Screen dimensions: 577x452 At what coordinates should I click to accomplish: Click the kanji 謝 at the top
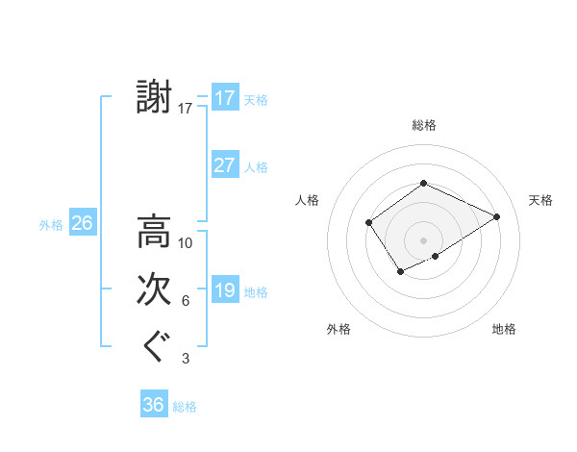pos(154,98)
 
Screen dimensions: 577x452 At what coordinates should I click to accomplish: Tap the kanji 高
pos(154,232)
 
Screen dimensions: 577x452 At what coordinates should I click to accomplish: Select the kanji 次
pos(154,290)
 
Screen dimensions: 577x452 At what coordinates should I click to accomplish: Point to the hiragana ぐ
pos(154,347)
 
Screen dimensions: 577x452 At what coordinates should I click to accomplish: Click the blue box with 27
pos(224,165)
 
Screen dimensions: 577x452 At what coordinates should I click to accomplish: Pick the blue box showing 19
pos(224,290)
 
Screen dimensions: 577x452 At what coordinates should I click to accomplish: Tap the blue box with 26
pos(82,223)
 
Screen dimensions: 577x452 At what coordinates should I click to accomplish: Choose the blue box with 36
pos(153,405)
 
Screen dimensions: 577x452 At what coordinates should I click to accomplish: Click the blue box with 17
pos(224,98)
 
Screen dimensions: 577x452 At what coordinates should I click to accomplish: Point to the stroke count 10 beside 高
pos(186,243)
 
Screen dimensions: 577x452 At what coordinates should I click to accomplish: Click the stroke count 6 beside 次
pos(186,301)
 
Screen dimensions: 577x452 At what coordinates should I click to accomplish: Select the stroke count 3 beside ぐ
pos(186,359)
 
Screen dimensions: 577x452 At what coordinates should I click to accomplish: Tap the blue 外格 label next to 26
pos(51,225)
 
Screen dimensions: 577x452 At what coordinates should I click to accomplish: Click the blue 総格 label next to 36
pos(185,407)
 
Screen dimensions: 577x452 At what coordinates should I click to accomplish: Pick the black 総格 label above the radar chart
pos(423,125)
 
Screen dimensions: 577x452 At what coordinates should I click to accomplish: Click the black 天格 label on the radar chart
pos(540,200)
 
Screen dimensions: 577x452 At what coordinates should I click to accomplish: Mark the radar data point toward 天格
pos(497,216)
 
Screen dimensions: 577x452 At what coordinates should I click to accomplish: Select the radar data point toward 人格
pos(368,223)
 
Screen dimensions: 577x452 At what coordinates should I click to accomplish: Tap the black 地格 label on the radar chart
pos(504,329)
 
